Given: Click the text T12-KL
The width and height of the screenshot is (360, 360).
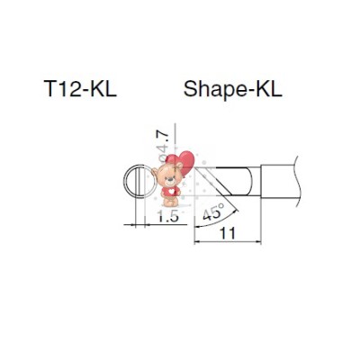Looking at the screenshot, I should (80, 90).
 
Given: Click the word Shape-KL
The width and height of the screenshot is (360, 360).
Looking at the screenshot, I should (232, 90).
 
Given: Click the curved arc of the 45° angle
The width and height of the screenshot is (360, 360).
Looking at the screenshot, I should (232, 213).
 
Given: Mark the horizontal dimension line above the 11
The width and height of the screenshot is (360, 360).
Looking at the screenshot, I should (229, 242).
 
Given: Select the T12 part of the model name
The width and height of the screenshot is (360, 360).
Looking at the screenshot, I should (62, 90).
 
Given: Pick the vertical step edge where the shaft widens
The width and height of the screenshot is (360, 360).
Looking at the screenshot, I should (261, 181).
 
